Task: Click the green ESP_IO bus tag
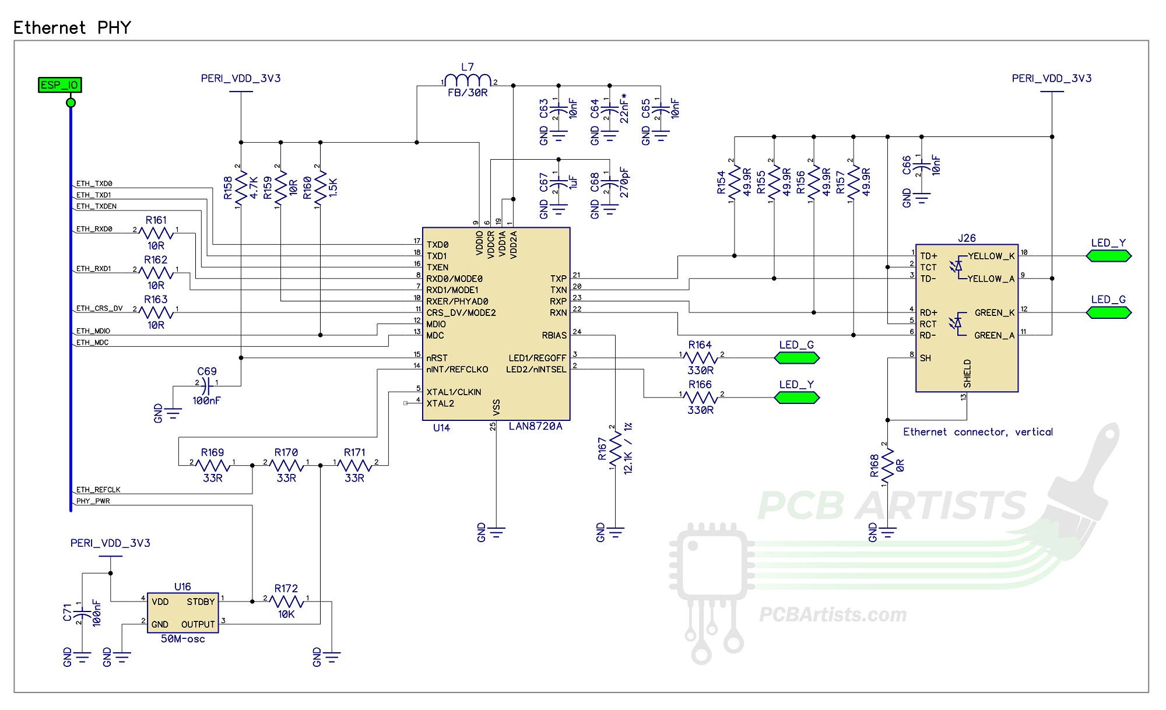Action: tap(59, 85)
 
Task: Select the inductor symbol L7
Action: tap(468, 80)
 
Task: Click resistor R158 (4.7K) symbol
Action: tap(241, 188)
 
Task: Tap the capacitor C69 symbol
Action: tap(207, 384)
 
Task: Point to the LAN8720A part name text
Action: tap(535, 427)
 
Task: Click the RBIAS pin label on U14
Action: tap(554, 336)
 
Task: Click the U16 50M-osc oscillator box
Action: tap(182, 613)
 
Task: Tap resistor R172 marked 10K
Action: tap(286, 601)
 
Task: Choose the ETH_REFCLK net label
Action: tap(98, 490)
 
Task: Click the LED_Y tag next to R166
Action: tap(796, 398)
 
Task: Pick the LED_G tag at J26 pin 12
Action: tap(1108, 312)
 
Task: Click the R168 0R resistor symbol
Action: tap(887, 465)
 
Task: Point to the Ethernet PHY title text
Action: tap(72, 27)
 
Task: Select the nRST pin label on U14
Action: tap(437, 358)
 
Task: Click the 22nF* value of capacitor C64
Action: tap(624, 108)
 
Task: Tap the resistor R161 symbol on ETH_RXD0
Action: tap(156, 233)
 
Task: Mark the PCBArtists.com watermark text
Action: tap(833, 614)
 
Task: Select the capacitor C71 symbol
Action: tap(82, 613)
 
